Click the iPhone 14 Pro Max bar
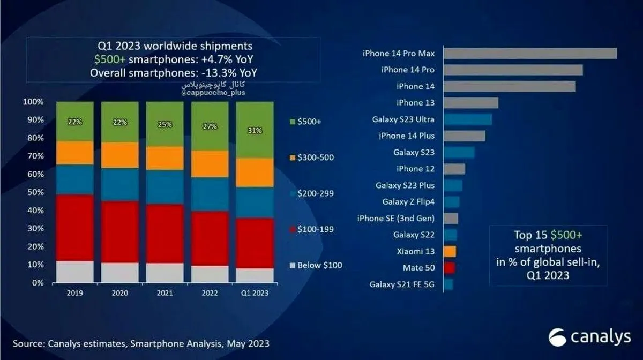pos(530,53)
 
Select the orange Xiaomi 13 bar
pos(450,251)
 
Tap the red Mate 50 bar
pos(450,268)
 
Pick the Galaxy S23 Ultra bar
pos(468,119)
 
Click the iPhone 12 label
pos(415,169)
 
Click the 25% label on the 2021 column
pos(165,124)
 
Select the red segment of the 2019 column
pos(75,228)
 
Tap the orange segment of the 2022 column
pos(210,164)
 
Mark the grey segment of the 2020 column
pos(120,272)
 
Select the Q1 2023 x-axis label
pos(255,293)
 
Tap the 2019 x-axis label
pos(75,293)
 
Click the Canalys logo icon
pos(558,336)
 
